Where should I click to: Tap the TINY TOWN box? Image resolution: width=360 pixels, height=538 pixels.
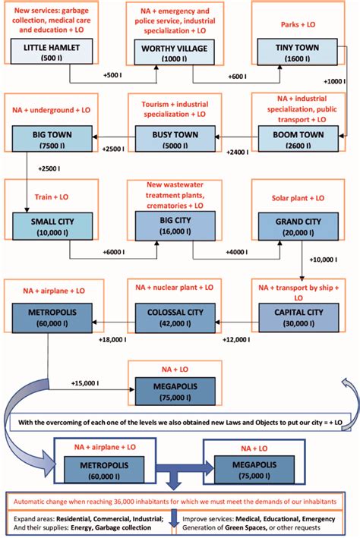292,52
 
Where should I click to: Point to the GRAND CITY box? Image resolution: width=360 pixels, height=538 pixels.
292,226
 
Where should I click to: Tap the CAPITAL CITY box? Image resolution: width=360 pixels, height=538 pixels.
292,315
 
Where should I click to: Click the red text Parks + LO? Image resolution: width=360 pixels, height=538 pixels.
292,24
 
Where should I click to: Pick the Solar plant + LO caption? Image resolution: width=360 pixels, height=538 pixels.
292,197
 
